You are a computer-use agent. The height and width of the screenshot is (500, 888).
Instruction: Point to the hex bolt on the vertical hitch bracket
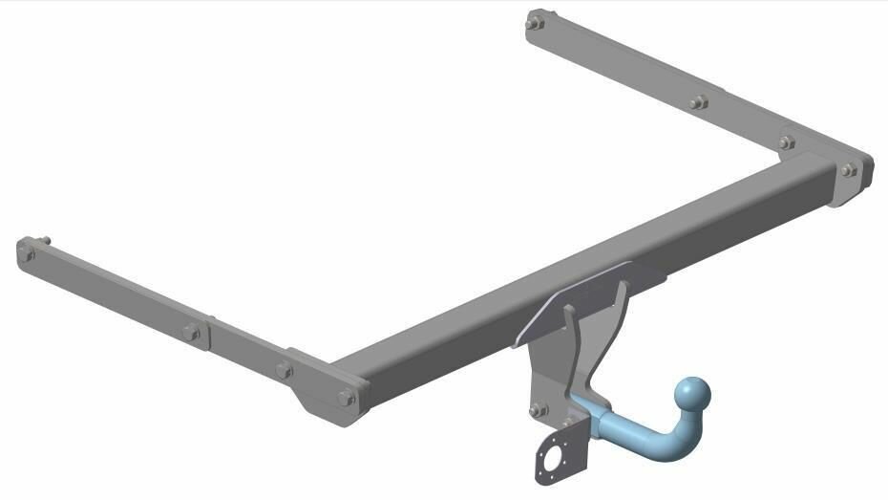pos(538,410)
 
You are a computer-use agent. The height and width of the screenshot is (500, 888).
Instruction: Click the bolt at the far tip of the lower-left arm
pos(26,252)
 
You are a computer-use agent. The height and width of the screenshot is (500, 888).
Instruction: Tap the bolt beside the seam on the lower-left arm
pos(191,332)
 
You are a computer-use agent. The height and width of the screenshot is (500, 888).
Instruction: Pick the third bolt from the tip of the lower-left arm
pos(284,370)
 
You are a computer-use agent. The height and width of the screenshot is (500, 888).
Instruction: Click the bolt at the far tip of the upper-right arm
pos(535,20)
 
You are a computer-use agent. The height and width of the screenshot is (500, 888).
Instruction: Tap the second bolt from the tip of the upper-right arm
pos(698,102)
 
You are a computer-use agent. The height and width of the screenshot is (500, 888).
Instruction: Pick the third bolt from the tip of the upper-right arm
pos(786,142)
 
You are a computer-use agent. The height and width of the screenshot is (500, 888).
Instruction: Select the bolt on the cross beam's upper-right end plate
pos(848,170)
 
